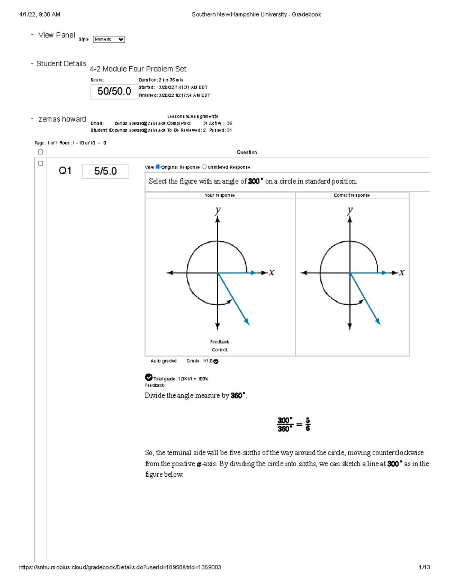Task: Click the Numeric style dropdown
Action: pyautogui.click(x=109, y=39)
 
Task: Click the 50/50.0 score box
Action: pyautogui.click(x=114, y=91)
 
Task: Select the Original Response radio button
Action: pyautogui.click(x=158, y=167)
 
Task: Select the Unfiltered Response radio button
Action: pyautogui.click(x=204, y=167)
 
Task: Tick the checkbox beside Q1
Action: pyautogui.click(x=40, y=163)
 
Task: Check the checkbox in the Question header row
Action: pyautogui.click(x=40, y=152)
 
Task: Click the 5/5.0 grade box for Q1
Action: pyautogui.click(x=105, y=171)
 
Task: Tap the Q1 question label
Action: pyautogui.click(x=65, y=171)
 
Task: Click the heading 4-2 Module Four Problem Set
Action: pyautogui.click(x=138, y=69)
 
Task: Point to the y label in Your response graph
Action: pyautogui.click(x=217, y=211)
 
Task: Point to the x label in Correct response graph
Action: pyautogui.click(x=402, y=272)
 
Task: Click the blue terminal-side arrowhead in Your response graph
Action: pyautogui.click(x=247, y=322)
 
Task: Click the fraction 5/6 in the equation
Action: pyautogui.click(x=307, y=425)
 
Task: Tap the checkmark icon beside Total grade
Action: pyautogui.click(x=148, y=377)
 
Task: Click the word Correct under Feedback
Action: pyautogui.click(x=219, y=350)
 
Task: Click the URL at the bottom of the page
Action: pyautogui.click(x=120, y=567)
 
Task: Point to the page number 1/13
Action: pyautogui.click(x=424, y=567)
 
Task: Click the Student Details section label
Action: pyautogui.click(x=61, y=64)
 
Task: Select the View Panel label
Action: pyautogui.click(x=57, y=35)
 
